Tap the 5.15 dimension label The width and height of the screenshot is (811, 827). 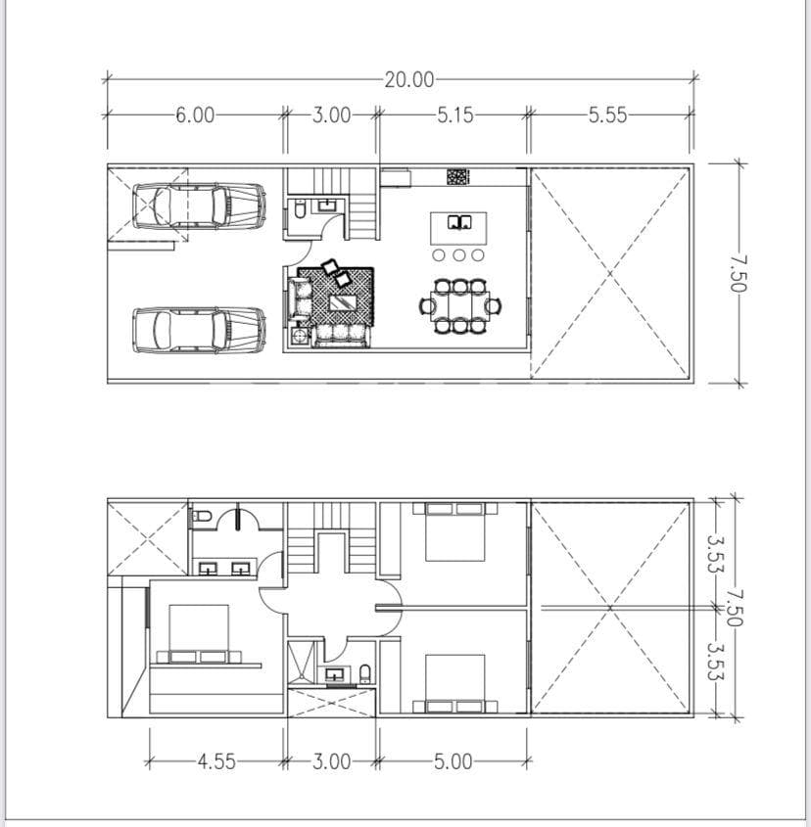pos(454,115)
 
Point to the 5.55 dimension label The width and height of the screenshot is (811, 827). pos(607,115)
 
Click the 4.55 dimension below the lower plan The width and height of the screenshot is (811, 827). pos(215,761)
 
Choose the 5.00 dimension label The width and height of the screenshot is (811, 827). pos(452,761)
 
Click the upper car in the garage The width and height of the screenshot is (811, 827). pos(199,206)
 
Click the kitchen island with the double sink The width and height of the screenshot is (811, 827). pos(458,226)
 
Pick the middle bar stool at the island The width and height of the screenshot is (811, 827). pos(458,254)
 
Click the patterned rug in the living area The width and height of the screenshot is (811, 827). pos(338,296)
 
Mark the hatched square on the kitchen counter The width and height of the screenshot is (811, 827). pos(457,177)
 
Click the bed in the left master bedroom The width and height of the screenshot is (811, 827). pos(199,634)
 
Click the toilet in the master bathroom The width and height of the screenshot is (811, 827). pos(202,516)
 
